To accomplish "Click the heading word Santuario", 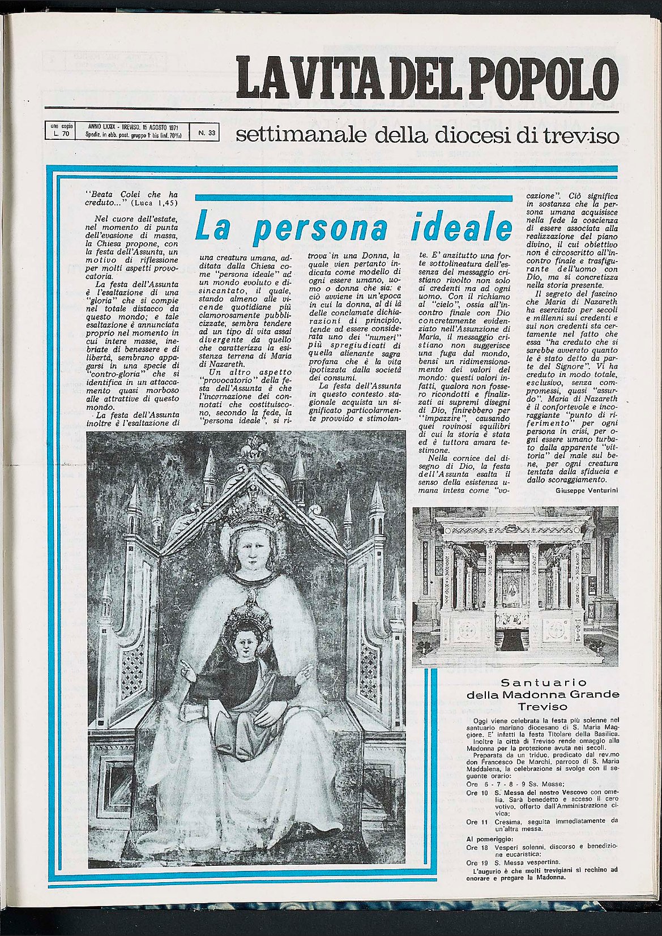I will (542, 682).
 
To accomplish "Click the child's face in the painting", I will (245, 643).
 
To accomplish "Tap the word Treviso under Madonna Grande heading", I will (542, 707).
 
